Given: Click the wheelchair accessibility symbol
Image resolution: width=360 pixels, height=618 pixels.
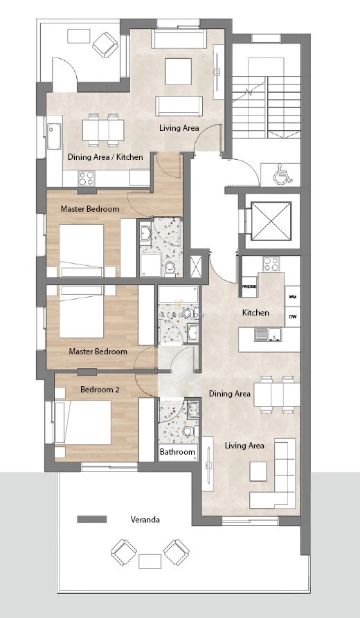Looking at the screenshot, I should (282, 176).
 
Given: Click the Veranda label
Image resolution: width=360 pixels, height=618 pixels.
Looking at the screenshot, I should (145, 520).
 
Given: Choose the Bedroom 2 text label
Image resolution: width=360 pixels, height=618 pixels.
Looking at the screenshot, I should (100, 390).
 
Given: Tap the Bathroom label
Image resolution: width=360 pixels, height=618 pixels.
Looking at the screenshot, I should (178, 453).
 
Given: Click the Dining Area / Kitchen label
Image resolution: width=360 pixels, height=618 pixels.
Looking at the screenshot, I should (105, 157).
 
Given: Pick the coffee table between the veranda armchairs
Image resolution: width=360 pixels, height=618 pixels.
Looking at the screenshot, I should (150, 561).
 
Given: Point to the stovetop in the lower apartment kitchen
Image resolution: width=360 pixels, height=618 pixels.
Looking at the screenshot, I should (269, 264).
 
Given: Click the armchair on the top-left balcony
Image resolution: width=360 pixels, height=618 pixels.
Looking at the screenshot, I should (106, 45).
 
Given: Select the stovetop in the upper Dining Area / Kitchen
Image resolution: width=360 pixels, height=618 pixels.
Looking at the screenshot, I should (87, 179).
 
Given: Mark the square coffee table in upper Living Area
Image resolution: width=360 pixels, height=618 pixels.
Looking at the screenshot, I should (177, 69).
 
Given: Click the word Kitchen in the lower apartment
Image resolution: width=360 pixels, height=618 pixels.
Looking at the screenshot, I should (255, 313).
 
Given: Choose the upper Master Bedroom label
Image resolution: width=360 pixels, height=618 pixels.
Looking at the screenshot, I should (90, 209).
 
